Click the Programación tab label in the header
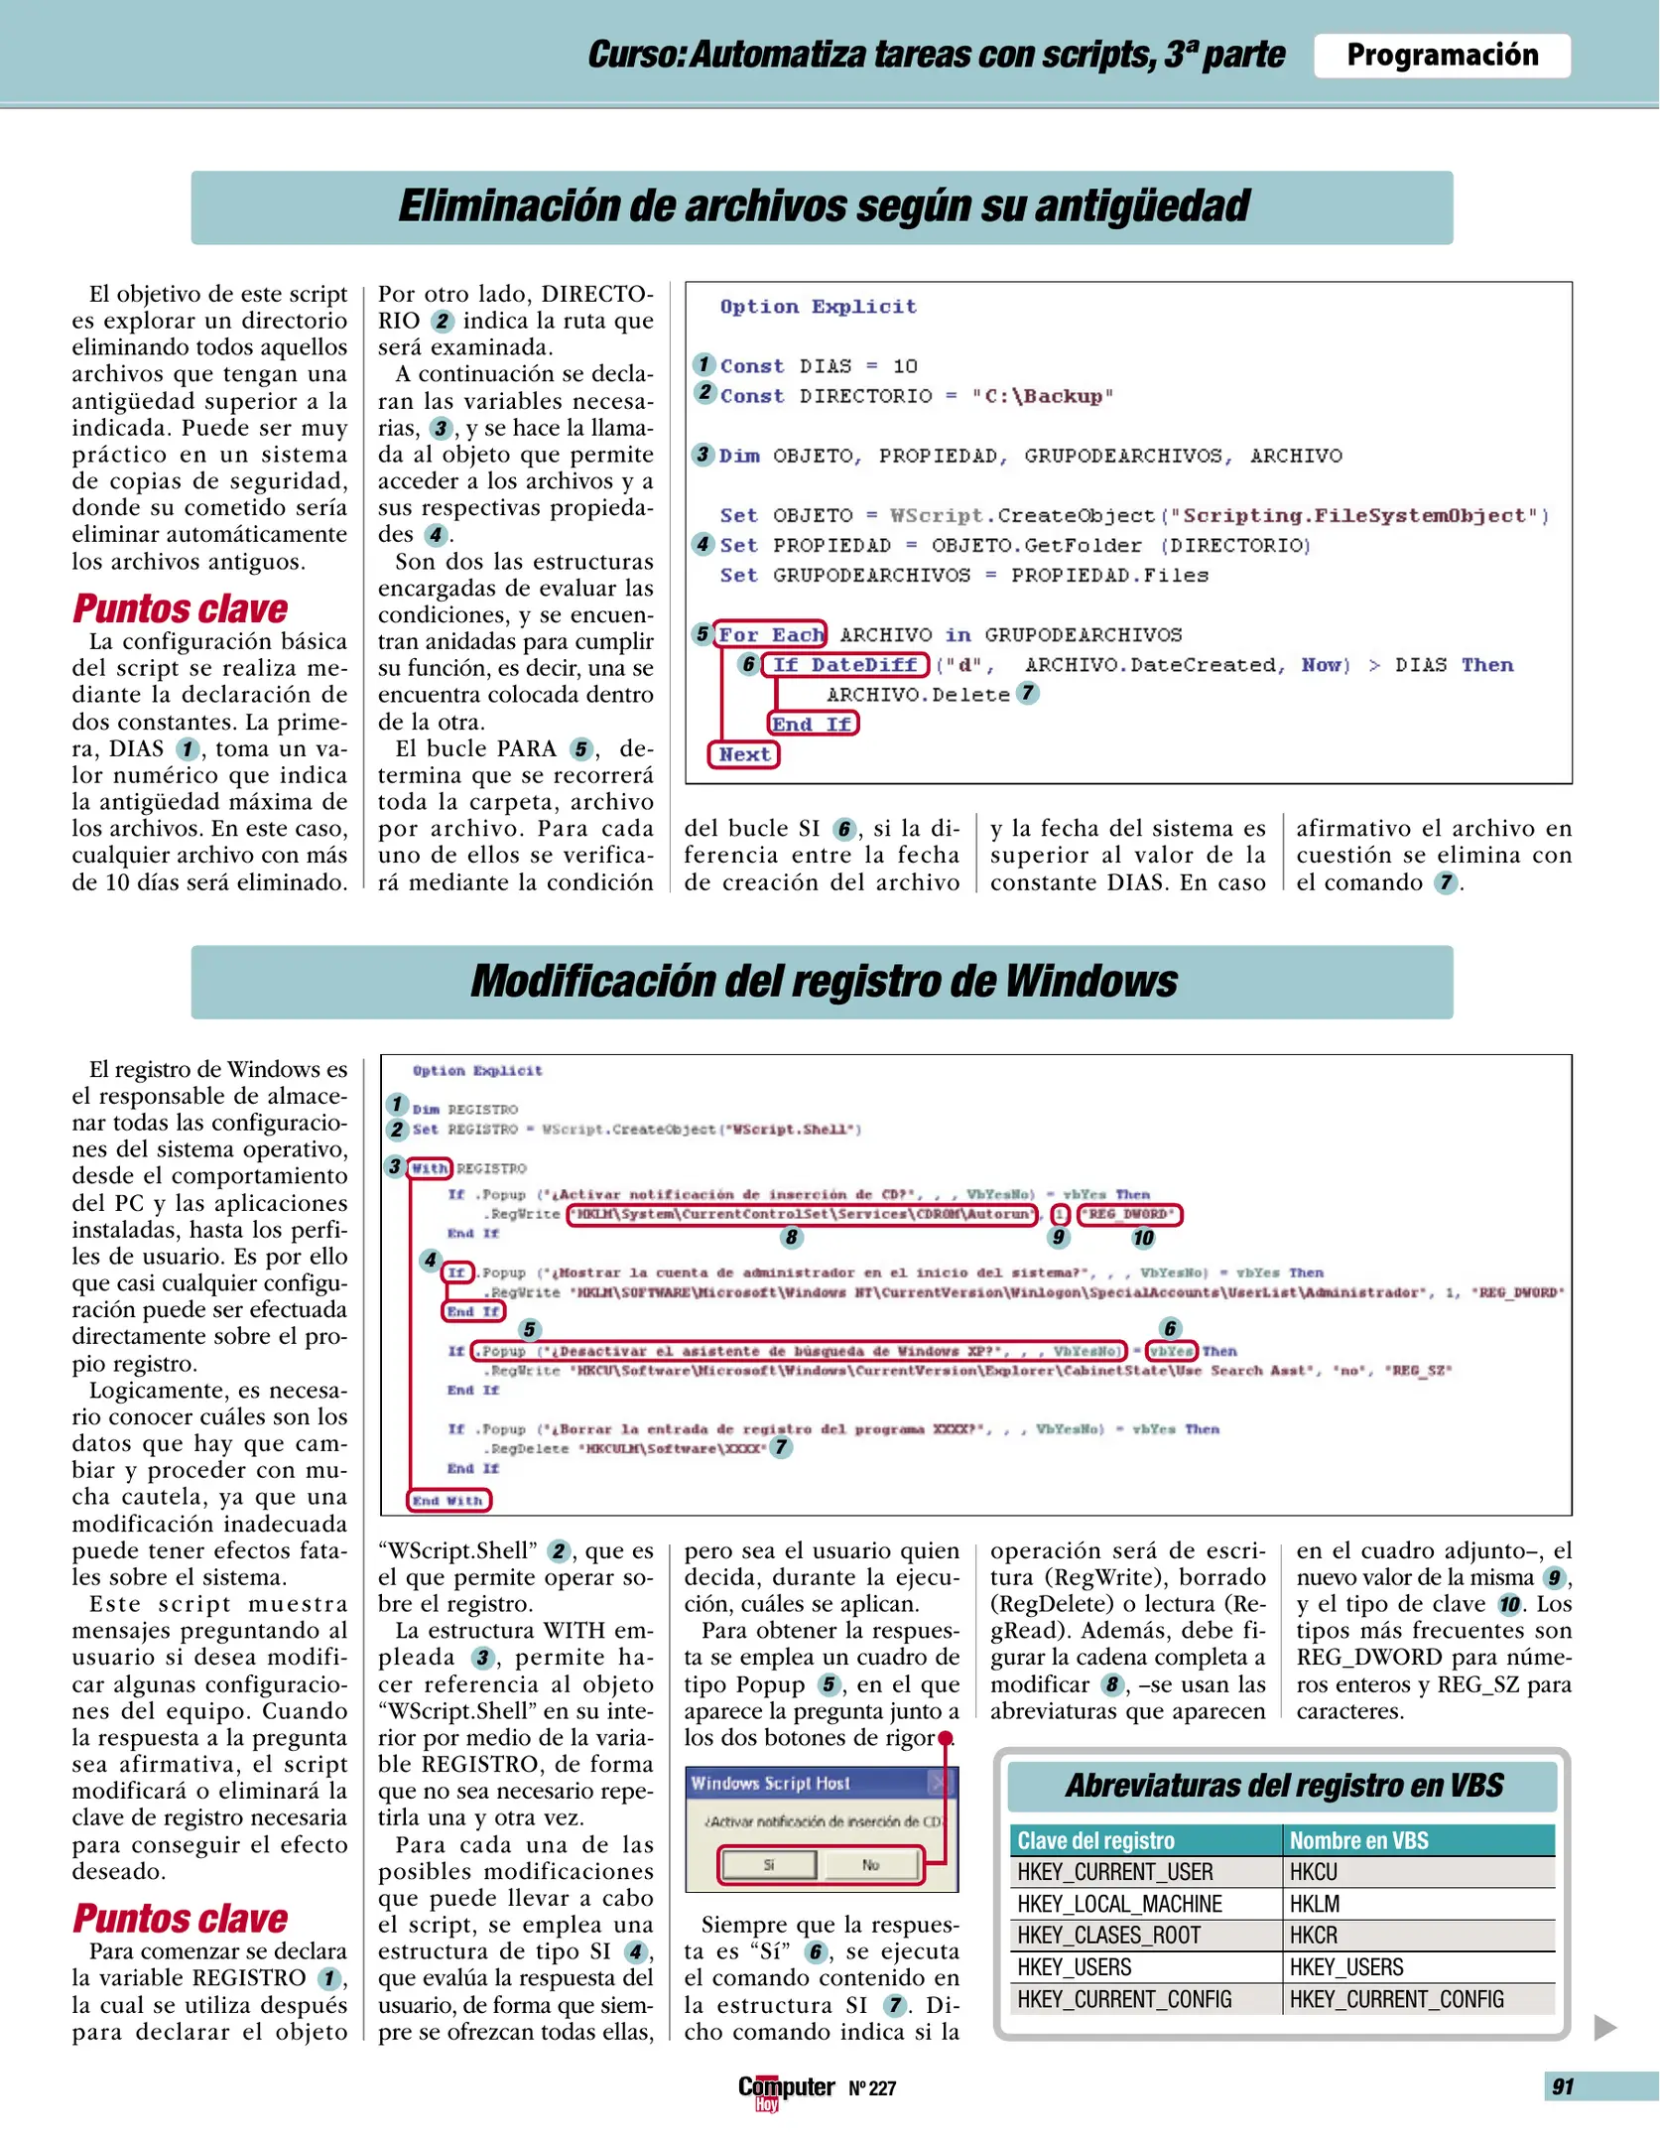point(1441,56)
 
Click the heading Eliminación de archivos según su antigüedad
point(823,206)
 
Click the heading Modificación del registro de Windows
point(823,981)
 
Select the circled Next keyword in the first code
point(744,754)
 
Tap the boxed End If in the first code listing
point(813,725)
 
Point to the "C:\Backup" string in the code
point(1042,396)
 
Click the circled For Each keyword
point(771,634)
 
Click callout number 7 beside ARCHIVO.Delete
point(1028,693)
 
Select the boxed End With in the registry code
point(448,1500)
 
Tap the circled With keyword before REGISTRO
point(430,1168)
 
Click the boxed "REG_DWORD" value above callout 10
point(1129,1214)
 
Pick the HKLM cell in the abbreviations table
point(1315,1903)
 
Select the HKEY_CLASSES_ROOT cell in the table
point(1108,1935)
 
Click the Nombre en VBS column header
point(1358,1840)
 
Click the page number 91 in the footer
point(1563,2086)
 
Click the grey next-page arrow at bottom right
point(1604,2027)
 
